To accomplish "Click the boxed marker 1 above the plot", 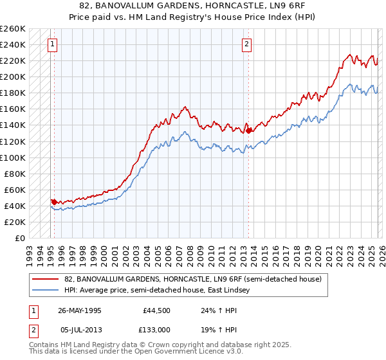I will click(52, 44).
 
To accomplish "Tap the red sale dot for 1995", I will click(54, 202).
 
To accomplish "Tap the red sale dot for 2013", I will click(248, 130).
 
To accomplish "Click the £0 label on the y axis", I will click(19, 238).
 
